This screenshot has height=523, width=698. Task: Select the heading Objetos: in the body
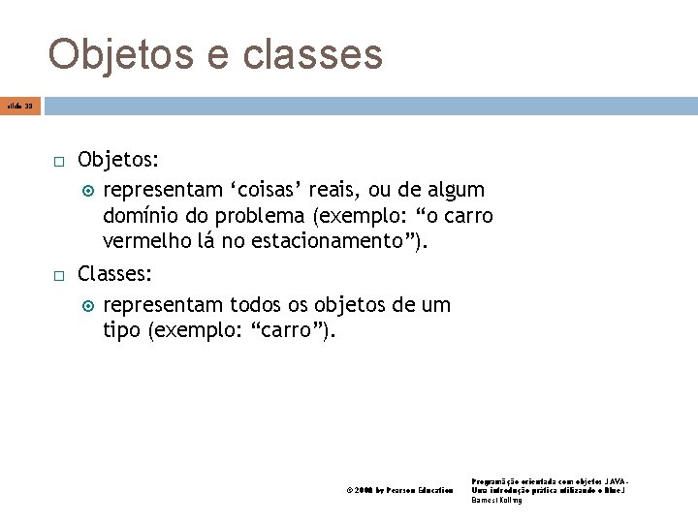coord(119,158)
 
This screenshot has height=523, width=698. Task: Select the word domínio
coord(142,213)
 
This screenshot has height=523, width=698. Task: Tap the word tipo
coord(121,332)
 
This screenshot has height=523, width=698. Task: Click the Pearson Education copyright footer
coord(399,491)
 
